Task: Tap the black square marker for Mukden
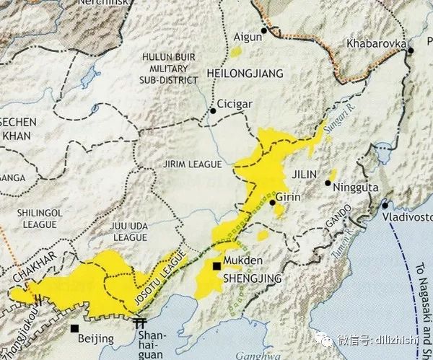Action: [x=216, y=267]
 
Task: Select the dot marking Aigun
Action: [x=264, y=31]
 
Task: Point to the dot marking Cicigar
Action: [x=213, y=111]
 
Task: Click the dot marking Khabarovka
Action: [x=410, y=51]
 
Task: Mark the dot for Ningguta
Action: [x=328, y=183]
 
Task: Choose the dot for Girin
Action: [x=273, y=203]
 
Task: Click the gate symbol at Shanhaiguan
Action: [x=141, y=322]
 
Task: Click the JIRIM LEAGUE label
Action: [x=193, y=164]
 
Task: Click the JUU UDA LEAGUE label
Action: [x=128, y=231]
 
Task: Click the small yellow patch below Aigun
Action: [x=237, y=51]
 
